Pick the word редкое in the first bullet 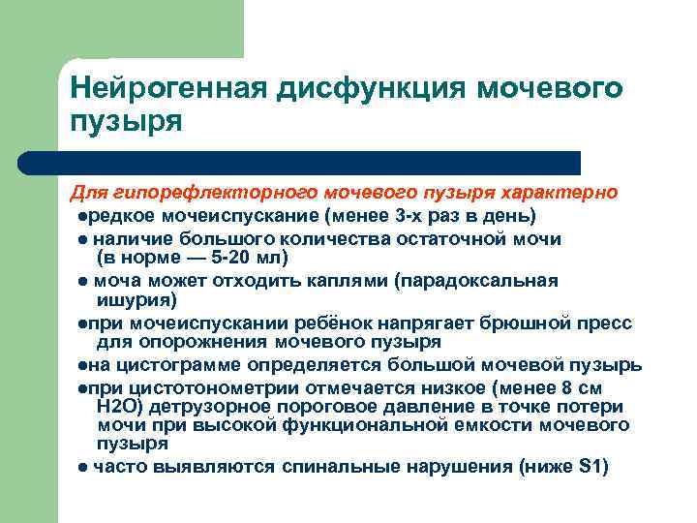[x=117, y=213]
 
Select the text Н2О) [x=124, y=407]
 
